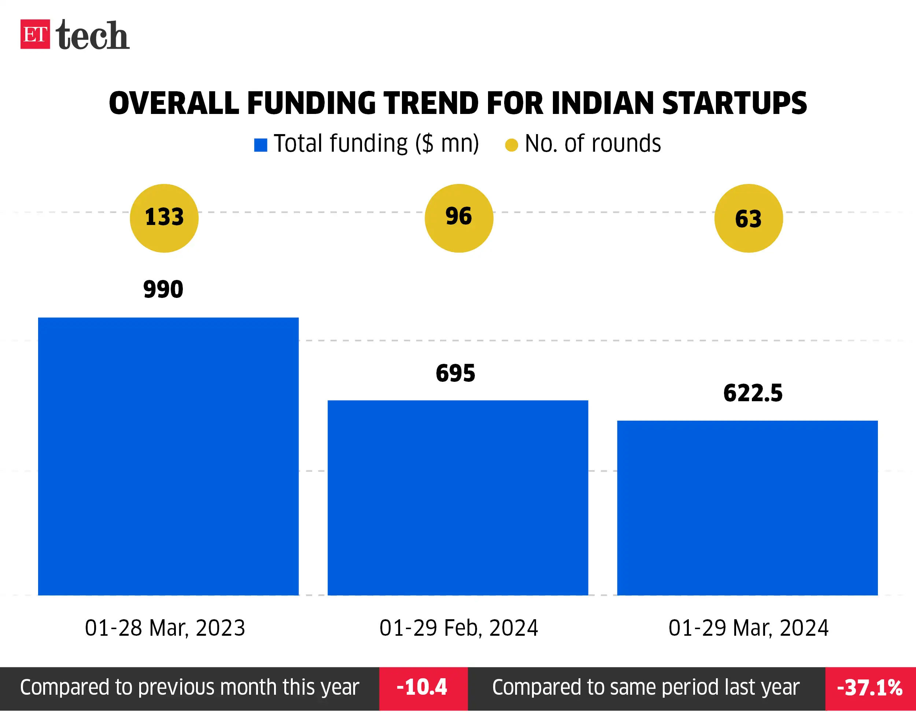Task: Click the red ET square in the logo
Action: [35, 34]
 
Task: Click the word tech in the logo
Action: [92, 35]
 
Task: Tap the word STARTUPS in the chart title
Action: [734, 103]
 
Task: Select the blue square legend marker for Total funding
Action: [261, 145]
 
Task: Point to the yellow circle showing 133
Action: [164, 218]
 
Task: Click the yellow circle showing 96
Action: [459, 218]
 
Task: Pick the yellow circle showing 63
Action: [748, 218]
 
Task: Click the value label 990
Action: [163, 289]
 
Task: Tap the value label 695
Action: [455, 373]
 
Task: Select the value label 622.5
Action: [753, 393]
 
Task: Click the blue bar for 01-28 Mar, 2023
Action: [168, 456]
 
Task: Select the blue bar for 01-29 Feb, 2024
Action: [458, 498]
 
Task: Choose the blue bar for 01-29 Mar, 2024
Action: [747, 507]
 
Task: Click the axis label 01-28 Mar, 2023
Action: [165, 628]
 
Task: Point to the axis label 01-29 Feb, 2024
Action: [459, 628]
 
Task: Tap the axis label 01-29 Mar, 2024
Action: [748, 628]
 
